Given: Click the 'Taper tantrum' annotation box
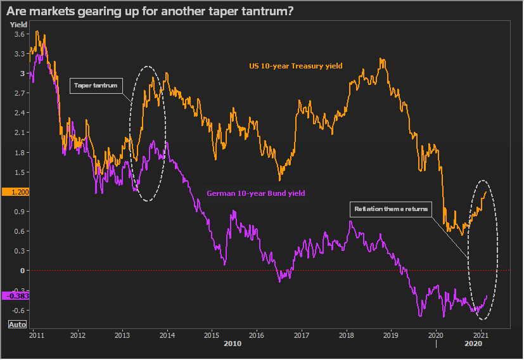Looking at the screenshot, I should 96,86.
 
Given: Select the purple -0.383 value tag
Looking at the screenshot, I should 16,296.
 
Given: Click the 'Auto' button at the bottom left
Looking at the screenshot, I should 17,325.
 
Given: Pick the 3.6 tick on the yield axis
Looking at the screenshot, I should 20,34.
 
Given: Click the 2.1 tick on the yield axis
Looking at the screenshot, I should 20,132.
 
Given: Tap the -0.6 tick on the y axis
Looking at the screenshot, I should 18,310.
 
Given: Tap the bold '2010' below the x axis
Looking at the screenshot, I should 233,344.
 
